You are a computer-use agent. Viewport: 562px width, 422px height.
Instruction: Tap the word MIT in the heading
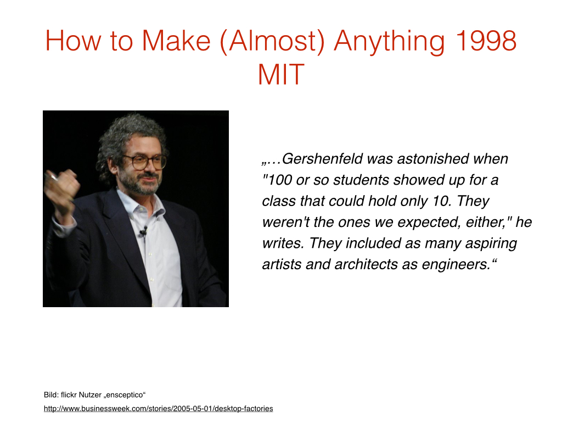(281, 74)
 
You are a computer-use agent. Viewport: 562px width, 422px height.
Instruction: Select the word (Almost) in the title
(272, 42)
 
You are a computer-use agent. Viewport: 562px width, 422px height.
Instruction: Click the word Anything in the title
(389, 42)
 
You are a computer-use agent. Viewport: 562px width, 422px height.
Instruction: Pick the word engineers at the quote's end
(456, 265)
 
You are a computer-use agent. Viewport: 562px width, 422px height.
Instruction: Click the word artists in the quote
(282, 264)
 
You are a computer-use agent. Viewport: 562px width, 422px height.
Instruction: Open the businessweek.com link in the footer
(159, 408)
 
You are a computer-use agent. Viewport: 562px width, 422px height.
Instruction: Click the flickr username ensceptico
(125, 395)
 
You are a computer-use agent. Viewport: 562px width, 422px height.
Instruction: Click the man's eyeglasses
(145, 162)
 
